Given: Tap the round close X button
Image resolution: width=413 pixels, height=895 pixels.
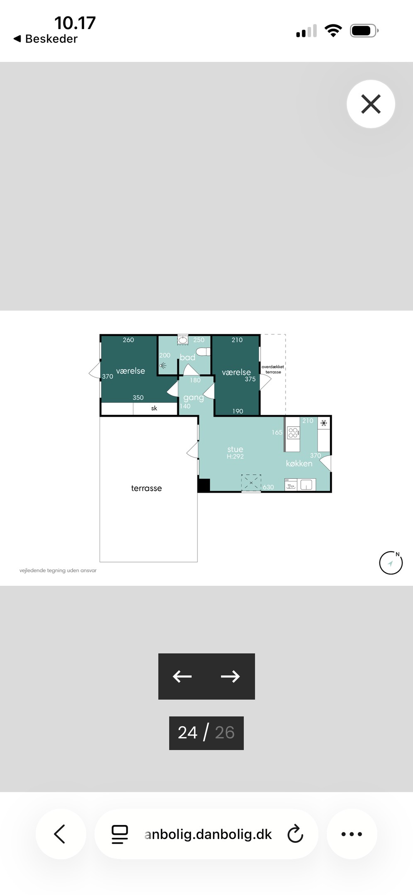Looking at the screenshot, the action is tap(371, 104).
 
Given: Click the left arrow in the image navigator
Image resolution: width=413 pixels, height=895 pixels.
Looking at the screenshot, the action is tap(182, 677).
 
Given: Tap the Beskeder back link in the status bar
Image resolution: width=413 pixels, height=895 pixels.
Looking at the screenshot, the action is tap(46, 39).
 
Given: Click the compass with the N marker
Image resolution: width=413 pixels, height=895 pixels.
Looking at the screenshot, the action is tap(391, 563).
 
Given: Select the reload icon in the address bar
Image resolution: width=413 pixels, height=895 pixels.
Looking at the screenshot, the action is tap(295, 834).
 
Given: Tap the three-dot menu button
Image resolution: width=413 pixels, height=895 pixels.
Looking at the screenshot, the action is tap(352, 834).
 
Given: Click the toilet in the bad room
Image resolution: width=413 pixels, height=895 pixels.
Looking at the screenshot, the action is tap(203, 352).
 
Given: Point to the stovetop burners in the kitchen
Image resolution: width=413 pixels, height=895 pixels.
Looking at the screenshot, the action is tap(293, 433).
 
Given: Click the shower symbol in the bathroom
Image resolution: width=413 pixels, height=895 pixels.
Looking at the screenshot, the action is tap(163, 366).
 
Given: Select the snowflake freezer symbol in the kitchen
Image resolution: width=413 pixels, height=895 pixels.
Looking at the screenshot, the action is tap(323, 423).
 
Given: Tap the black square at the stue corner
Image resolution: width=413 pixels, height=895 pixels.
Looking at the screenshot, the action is tap(204, 485).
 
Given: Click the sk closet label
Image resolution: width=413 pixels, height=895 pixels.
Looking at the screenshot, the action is tap(154, 408).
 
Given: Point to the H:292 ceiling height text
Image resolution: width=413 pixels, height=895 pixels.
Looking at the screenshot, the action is tap(235, 456).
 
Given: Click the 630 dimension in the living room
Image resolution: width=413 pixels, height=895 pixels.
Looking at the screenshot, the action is tap(268, 487).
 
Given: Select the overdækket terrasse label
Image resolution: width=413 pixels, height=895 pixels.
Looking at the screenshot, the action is tap(273, 369).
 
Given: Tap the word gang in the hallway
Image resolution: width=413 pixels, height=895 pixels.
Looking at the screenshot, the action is tap(194, 398).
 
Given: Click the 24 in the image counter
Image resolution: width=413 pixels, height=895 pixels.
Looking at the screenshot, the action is tap(187, 732).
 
